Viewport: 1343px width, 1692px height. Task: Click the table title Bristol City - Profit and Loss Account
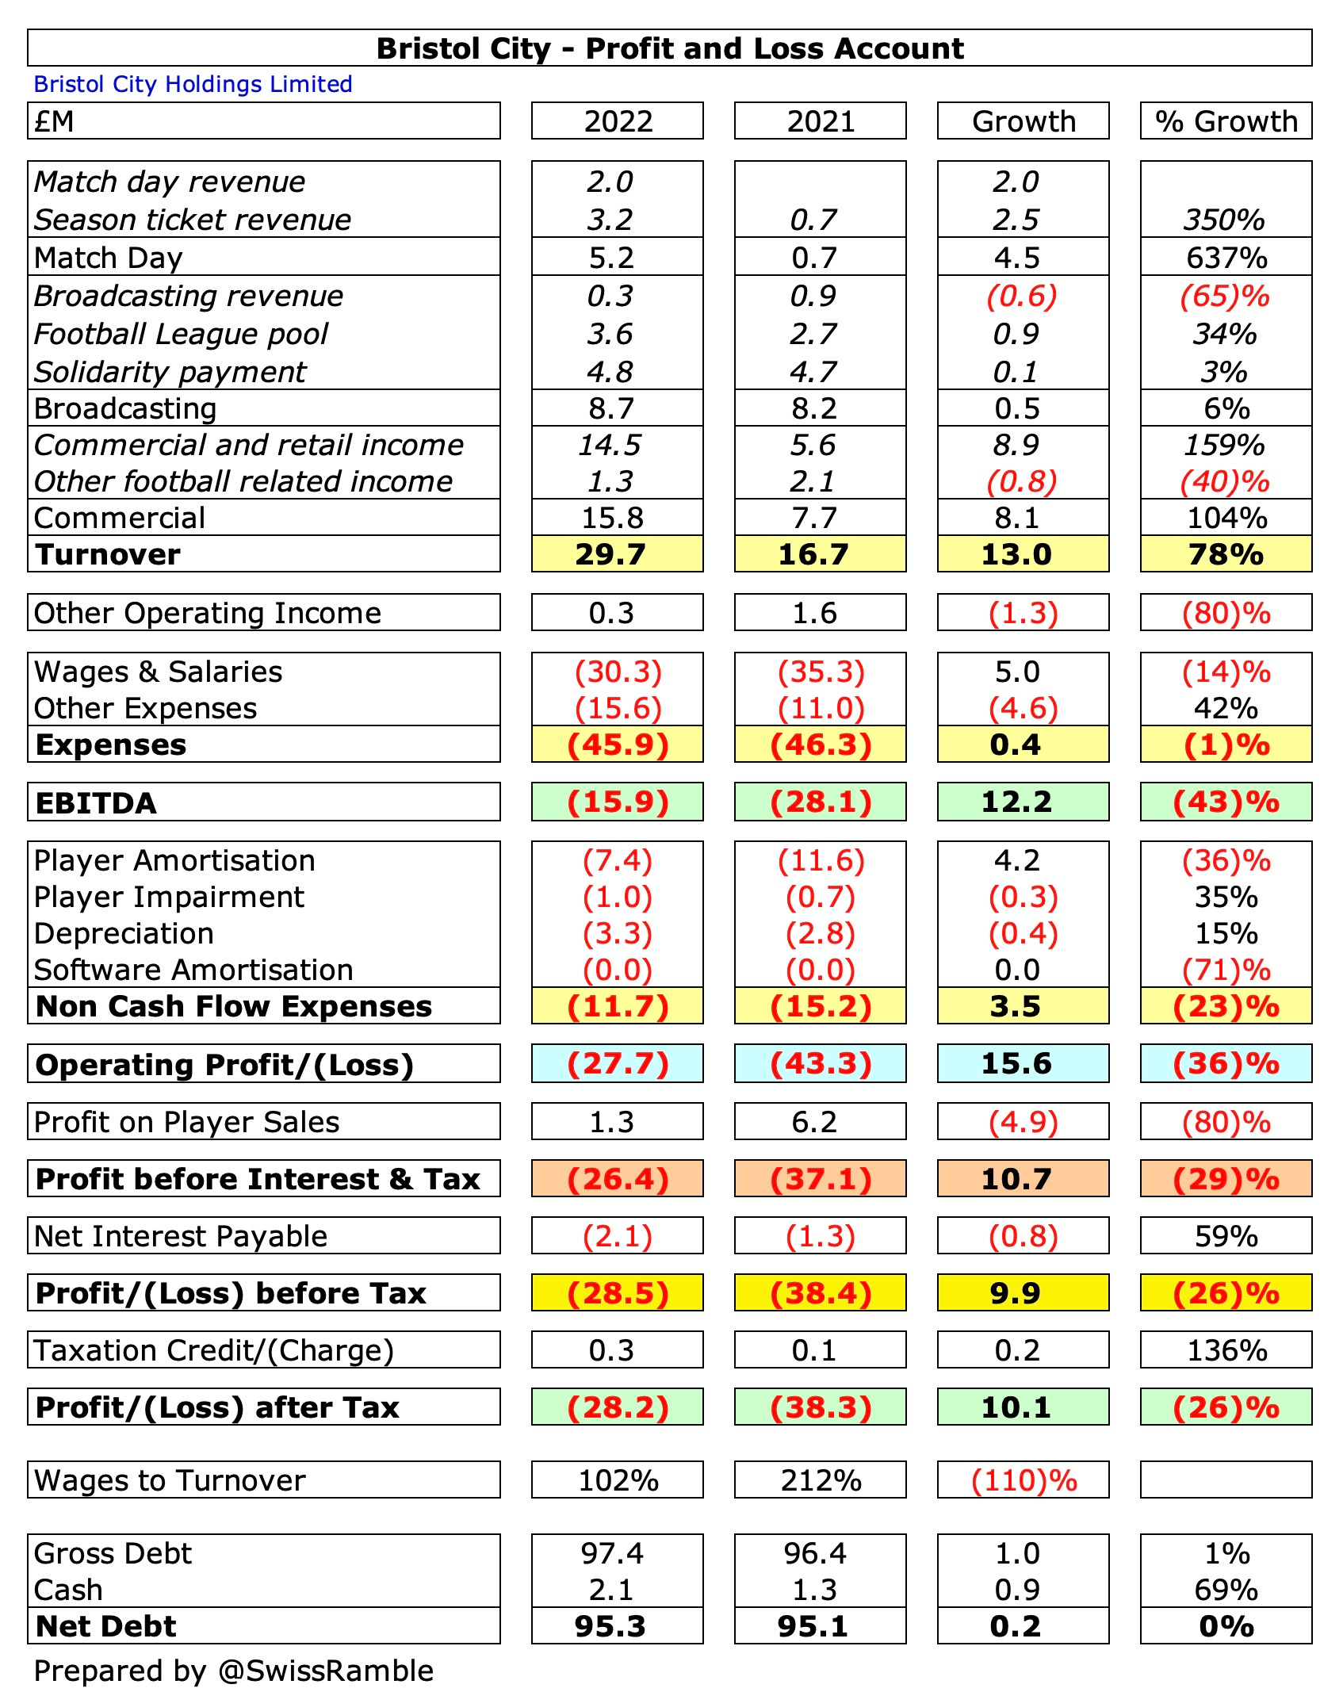[670, 48]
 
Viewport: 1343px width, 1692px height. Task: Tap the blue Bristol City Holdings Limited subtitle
[193, 84]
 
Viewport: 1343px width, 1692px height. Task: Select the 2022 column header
[618, 121]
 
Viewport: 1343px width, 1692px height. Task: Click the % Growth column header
[1226, 121]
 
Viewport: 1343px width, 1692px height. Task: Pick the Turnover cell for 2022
[617, 554]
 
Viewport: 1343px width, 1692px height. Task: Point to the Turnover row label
[109, 554]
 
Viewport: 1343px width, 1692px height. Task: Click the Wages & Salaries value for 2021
[821, 672]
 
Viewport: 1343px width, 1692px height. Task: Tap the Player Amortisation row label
[174, 860]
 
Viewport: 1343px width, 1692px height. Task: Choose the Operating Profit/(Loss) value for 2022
[618, 1063]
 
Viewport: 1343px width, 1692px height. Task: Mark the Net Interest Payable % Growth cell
[1226, 1236]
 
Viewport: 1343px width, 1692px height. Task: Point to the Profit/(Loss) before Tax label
[231, 1293]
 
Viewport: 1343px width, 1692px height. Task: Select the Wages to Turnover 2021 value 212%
[821, 1480]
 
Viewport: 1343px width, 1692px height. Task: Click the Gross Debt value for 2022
[612, 1553]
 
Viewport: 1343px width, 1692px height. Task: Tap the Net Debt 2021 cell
[813, 1626]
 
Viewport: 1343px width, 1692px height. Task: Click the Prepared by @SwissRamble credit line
[233, 1671]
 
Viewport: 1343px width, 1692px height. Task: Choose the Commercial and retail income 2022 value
[609, 445]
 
